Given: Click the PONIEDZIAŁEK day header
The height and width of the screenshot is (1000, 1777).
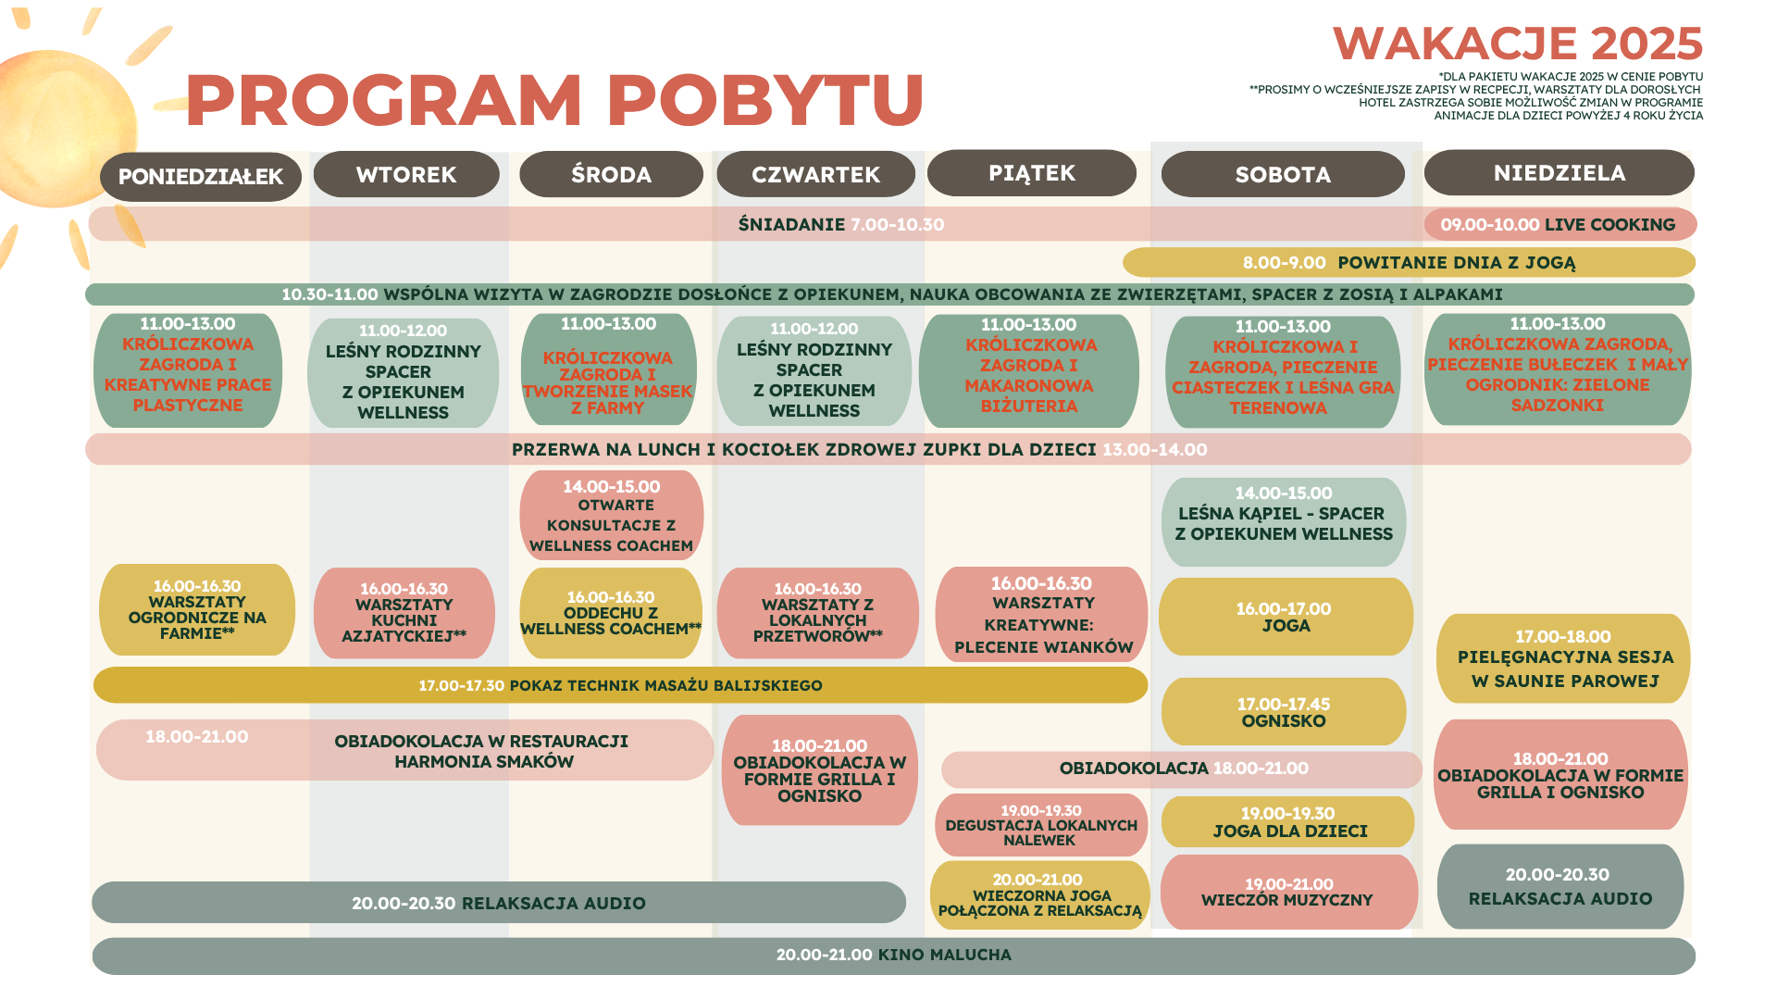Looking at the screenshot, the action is click(x=201, y=177).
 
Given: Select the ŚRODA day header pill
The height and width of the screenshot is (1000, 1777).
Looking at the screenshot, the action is click(x=611, y=174).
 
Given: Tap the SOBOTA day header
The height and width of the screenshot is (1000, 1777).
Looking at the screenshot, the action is click(x=1283, y=174).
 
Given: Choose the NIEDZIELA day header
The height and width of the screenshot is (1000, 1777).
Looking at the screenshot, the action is click(x=1560, y=173).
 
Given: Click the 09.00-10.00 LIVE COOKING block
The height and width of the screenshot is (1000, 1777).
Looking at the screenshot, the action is click(x=1560, y=224).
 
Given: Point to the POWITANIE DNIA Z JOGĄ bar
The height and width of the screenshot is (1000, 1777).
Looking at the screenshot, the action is click(x=1409, y=263).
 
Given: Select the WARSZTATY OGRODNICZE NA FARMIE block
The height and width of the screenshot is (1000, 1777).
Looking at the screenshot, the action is click(x=197, y=609).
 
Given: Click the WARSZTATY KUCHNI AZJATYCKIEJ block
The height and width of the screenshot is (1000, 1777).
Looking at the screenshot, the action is click(x=404, y=613).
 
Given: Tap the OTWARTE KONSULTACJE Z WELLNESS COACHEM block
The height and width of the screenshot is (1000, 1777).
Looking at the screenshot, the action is click(x=612, y=515).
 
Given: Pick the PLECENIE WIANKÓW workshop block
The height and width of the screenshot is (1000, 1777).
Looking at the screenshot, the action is click(x=1042, y=615).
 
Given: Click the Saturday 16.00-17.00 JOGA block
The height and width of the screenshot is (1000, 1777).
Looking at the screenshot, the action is click(x=1286, y=617).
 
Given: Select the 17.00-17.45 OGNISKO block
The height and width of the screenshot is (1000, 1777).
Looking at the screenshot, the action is click(x=1284, y=711).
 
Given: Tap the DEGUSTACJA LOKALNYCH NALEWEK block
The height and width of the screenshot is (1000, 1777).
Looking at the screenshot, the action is click(x=1041, y=825).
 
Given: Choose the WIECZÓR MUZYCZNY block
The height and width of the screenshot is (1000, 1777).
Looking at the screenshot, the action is click(x=1288, y=892).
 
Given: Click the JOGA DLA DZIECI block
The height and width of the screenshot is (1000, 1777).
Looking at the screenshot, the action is click(x=1287, y=822).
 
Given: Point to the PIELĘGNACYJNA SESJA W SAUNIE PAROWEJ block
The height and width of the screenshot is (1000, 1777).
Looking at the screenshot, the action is click(x=1563, y=658).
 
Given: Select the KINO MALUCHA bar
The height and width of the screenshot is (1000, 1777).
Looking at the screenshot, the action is click(x=894, y=956).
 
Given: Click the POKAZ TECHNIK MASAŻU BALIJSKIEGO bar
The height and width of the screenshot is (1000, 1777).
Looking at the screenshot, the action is click(x=620, y=685).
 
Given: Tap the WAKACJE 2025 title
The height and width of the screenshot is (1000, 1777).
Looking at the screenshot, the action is click(x=1518, y=44).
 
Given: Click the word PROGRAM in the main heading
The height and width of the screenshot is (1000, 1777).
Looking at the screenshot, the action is click(x=384, y=99).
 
